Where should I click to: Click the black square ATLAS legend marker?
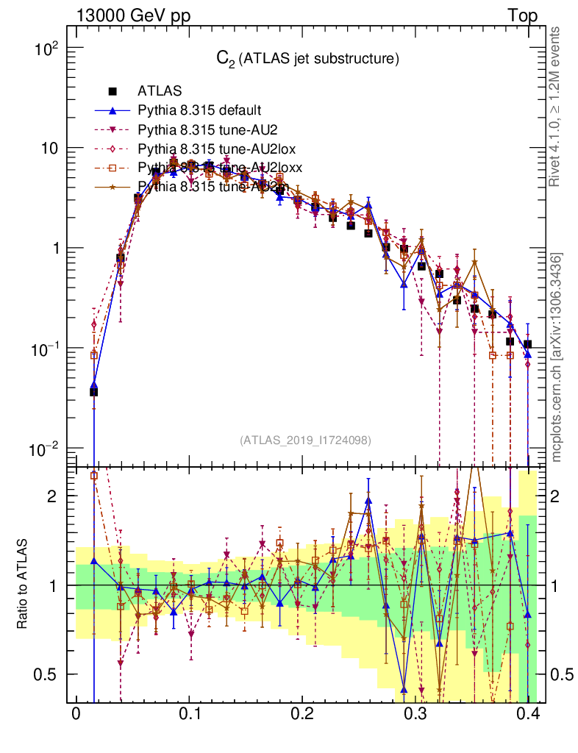[113, 92]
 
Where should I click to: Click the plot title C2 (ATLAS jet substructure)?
[307, 59]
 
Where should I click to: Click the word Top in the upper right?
[522, 15]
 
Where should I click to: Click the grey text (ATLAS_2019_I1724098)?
[305, 440]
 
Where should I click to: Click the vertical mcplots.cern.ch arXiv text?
[557, 357]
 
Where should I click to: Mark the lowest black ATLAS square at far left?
[93, 392]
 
